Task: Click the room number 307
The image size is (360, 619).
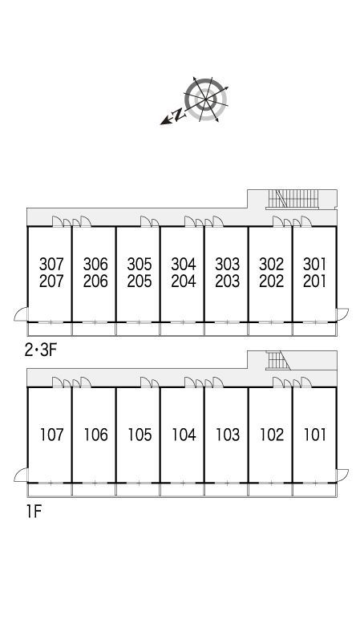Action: (x=51, y=264)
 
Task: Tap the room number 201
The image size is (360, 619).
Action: (x=314, y=281)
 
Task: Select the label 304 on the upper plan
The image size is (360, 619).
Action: (x=184, y=264)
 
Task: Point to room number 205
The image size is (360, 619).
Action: (x=140, y=281)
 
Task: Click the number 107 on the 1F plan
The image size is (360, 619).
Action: (x=51, y=435)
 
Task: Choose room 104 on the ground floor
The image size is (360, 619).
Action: (x=184, y=435)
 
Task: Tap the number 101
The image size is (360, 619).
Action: (x=315, y=435)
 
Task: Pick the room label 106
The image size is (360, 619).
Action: (x=96, y=435)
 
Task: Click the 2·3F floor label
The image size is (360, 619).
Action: (x=42, y=350)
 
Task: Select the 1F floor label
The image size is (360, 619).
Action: (x=34, y=512)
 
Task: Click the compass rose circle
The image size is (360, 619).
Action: (x=206, y=99)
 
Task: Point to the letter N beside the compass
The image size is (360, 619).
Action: (x=179, y=115)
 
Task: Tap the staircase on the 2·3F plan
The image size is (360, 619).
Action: (x=293, y=199)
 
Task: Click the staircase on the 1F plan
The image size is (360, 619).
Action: (x=278, y=361)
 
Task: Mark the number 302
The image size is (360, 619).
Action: (x=272, y=264)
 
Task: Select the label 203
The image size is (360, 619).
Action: (x=228, y=281)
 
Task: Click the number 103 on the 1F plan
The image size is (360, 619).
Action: (x=229, y=435)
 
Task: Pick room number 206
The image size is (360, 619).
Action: (x=95, y=281)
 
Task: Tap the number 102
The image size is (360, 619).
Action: (x=272, y=435)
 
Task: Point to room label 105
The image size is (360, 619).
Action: (x=140, y=435)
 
